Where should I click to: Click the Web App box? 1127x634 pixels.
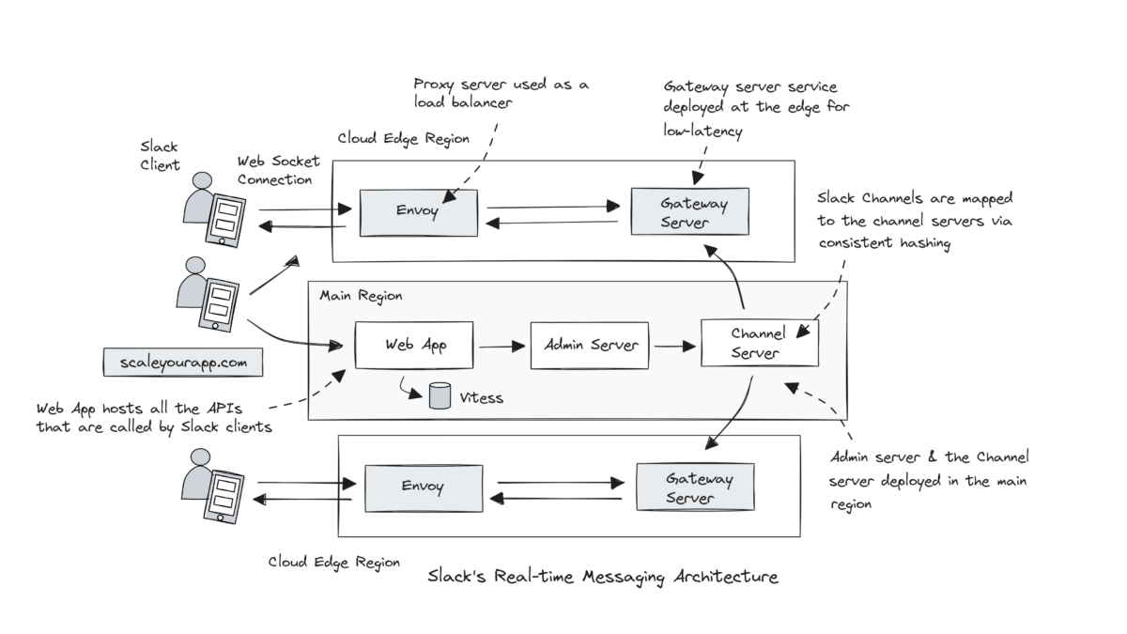pos(414,345)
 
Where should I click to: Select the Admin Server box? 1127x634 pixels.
pos(590,346)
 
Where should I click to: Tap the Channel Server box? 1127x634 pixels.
pos(759,344)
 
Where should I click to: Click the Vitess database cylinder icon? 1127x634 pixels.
pos(439,396)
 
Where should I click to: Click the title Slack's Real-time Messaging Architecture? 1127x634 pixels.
pos(603,576)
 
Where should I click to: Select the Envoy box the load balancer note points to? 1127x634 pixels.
pos(418,212)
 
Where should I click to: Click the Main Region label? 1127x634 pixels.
pos(361,296)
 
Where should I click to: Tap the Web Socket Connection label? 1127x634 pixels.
pos(274,170)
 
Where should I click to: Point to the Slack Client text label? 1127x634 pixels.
pos(159,156)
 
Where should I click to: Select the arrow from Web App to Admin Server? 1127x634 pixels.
pos(502,347)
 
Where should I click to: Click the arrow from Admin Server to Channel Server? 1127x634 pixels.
pos(674,347)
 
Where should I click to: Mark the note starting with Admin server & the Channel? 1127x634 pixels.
pos(929,480)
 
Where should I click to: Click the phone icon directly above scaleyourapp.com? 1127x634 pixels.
pos(218,303)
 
